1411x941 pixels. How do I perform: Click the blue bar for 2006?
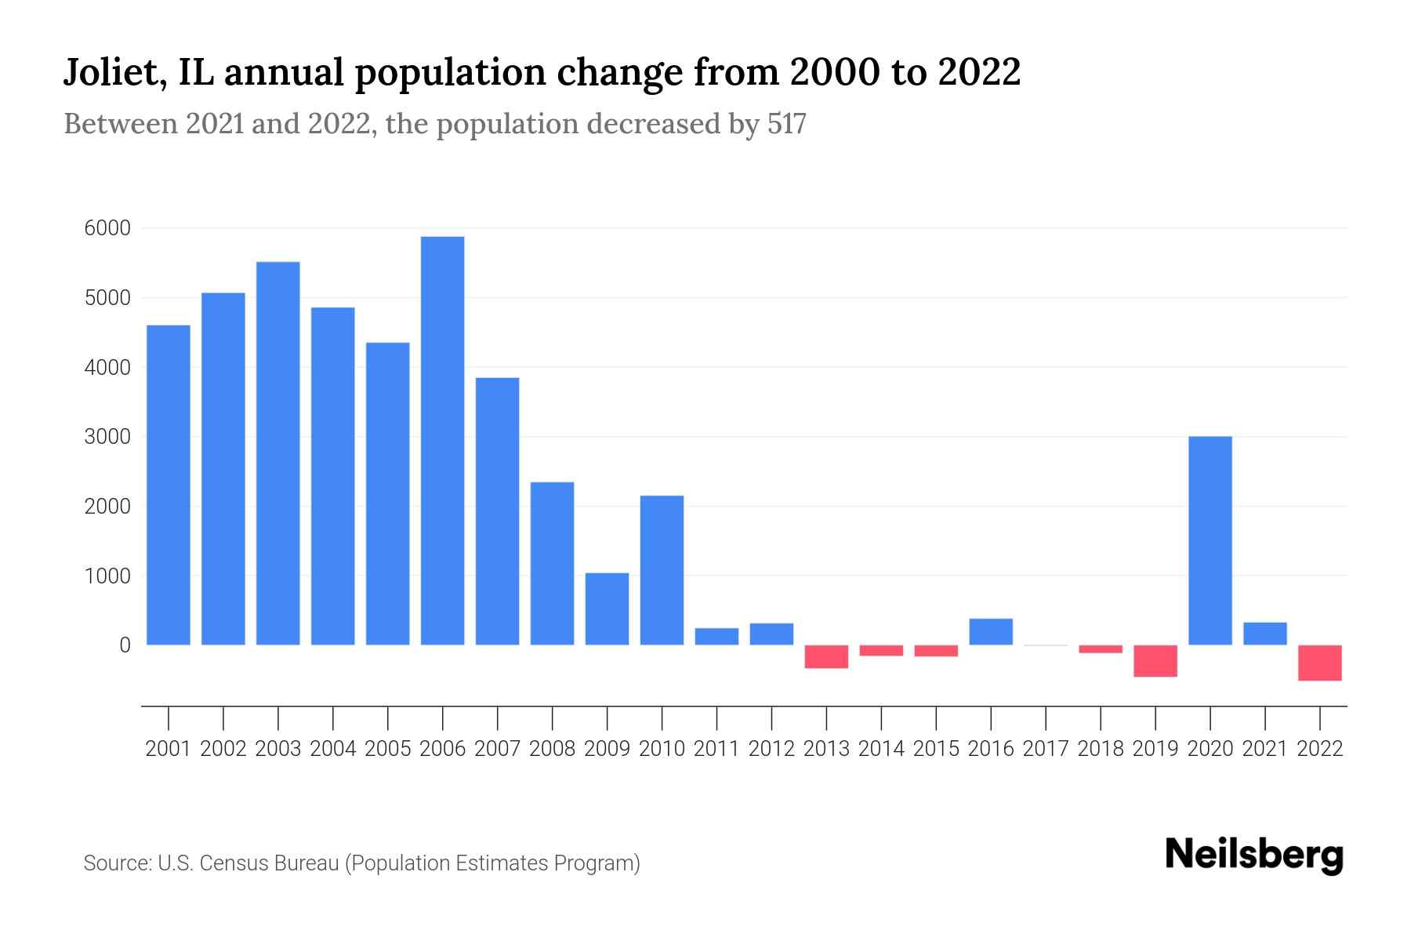click(x=442, y=441)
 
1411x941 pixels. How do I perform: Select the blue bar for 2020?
click(x=1210, y=541)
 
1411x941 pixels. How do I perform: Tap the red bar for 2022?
click(x=1319, y=663)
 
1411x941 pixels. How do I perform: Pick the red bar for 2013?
click(x=826, y=656)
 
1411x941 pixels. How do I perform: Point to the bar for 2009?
click(x=607, y=609)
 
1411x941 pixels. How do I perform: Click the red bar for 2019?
click(x=1155, y=661)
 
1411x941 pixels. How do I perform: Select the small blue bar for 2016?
click(x=991, y=632)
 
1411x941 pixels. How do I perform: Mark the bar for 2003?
click(x=277, y=453)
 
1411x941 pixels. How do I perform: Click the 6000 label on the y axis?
click(x=107, y=228)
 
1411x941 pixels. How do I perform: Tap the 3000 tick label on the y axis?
click(x=107, y=437)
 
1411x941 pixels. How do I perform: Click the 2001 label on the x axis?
click(x=168, y=749)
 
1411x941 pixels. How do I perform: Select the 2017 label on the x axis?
click(x=1045, y=749)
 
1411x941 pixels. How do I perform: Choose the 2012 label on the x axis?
click(x=771, y=749)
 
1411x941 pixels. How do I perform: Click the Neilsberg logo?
click(x=1254, y=855)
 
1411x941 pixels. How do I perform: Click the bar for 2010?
click(x=662, y=570)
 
